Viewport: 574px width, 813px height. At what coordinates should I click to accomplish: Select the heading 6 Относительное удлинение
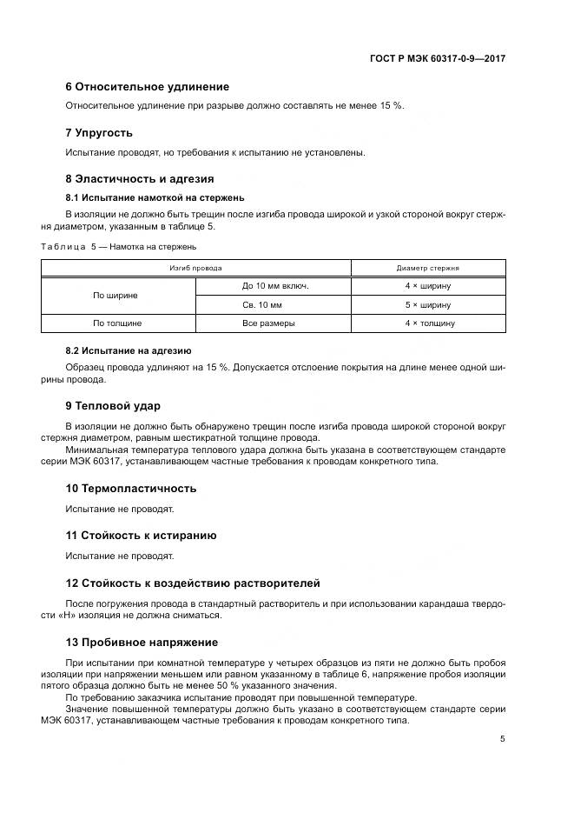148,87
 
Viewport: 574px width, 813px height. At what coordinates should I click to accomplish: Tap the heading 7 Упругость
99,133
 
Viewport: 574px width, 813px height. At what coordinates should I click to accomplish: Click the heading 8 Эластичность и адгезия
140,179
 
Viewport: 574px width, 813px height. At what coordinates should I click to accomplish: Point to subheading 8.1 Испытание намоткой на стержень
155,197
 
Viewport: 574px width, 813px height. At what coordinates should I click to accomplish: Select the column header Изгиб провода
195,269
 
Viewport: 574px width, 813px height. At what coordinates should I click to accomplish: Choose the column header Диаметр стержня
428,269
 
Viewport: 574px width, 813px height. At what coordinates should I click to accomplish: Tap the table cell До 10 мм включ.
274,285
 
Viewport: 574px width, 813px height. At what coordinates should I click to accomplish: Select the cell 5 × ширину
428,305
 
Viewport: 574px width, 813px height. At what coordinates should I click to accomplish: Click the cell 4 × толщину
428,323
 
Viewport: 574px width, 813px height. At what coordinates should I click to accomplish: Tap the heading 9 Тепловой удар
113,406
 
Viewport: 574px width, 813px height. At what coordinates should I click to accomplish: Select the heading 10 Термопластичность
131,488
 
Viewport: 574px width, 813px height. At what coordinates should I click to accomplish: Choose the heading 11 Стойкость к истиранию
141,536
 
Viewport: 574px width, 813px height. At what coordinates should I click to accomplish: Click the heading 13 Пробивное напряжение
142,643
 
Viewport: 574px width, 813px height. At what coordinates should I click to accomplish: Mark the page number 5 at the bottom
502,739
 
